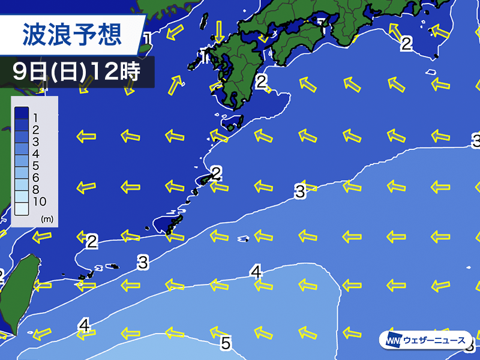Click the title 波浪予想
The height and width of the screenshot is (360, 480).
coord(72,34)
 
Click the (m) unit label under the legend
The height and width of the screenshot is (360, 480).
coord(47,219)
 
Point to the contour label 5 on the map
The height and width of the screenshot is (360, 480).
coord(226,343)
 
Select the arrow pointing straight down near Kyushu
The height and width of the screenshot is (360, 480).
coord(220,31)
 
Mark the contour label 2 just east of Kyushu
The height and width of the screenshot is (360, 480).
coord(261,82)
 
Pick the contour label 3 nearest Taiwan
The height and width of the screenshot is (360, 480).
coord(143,262)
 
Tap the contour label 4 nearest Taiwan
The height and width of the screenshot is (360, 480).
coord(85,326)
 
